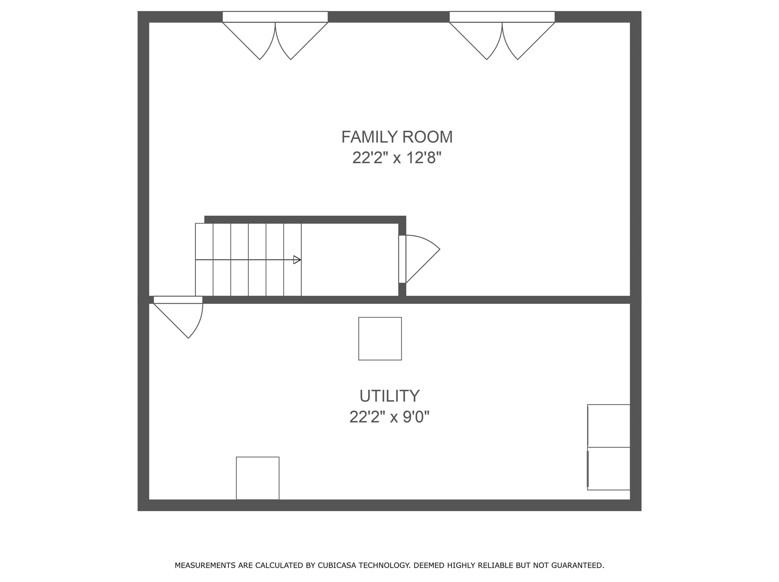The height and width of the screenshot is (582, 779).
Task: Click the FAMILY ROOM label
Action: [x=397, y=137]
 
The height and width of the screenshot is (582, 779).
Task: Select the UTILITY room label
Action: [x=390, y=396]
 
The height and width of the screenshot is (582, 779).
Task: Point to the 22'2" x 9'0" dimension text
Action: [x=390, y=417]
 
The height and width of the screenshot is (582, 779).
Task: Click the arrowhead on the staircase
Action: [x=297, y=260]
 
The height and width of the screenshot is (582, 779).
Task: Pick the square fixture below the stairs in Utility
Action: [x=380, y=339]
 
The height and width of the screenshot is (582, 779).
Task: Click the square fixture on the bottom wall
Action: [x=258, y=478]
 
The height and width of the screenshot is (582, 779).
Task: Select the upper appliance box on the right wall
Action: [x=609, y=426]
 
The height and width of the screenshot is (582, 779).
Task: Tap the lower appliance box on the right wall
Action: [x=609, y=468]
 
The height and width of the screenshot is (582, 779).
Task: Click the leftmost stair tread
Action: [x=204, y=260]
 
